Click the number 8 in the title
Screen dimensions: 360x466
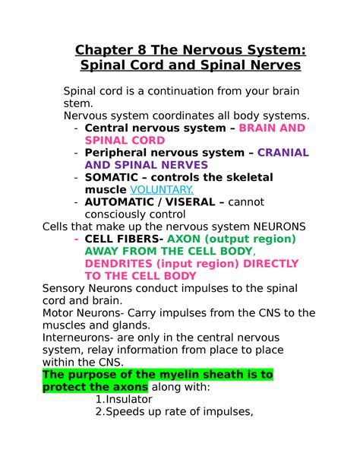pyautogui.click(x=142, y=50)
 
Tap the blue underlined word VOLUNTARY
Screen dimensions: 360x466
pyautogui.click(x=162, y=189)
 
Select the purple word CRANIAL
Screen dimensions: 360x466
pyautogui.click(x=283, y=153)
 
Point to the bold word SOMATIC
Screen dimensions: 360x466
pyautogui.click(x=112, y=177)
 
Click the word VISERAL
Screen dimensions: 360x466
pyautogui.click(x=190, y=202)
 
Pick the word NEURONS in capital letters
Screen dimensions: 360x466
pyautogui.click(x=279, y=227)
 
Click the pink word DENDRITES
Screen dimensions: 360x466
pyautogui.click(x=118, y=264)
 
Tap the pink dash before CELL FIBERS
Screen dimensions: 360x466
pyautogui.click(x=77, y=239)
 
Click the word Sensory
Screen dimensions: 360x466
pyautogui.click(x=64, y=288)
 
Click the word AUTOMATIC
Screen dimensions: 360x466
pyautogui.click(x=119, y=202)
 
